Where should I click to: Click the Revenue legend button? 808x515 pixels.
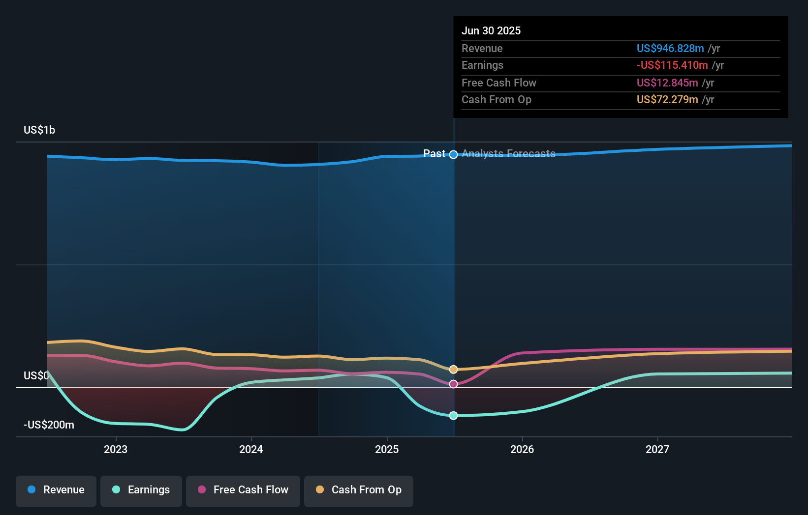(56, 490)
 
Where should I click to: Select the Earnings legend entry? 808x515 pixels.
(141, 490)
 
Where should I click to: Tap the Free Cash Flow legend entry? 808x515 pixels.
(243, 490)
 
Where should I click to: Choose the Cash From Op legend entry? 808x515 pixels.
(359, 490)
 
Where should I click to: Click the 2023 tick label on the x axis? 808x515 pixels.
(116, 450)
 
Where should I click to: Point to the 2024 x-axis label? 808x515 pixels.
(251, 450)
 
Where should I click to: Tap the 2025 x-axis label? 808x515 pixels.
(387, 450)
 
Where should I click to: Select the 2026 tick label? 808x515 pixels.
(522, 450)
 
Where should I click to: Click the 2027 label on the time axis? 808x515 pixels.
(657, 450)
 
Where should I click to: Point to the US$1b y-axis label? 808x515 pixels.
(39, 130)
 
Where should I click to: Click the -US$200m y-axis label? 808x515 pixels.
(49, 425)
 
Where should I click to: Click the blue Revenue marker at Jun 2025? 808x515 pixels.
(454, 155)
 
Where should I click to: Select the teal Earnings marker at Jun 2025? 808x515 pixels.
(454, 416)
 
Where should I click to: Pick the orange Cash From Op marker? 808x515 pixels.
(454, 370)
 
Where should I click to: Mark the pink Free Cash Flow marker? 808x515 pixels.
(454, 384)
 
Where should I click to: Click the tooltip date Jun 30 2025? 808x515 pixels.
(491, 31)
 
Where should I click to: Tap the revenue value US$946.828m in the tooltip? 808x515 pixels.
(670, 49)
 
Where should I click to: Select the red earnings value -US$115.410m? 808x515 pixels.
(672, 65)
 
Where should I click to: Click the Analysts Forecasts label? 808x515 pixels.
(508, 154)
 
